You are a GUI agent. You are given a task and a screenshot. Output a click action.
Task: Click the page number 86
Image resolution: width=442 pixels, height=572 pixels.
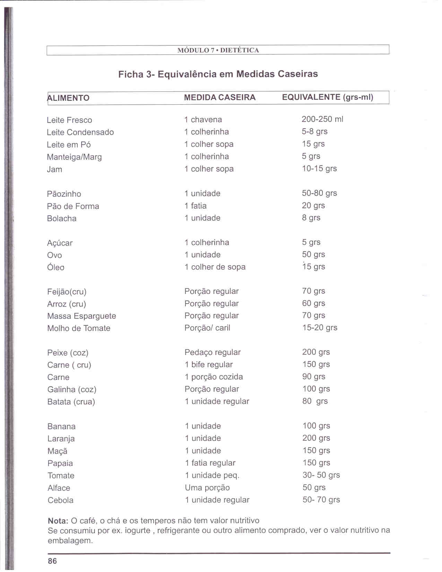(52, 561)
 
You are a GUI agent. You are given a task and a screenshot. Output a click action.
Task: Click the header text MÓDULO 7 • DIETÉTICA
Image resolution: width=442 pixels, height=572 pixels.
(218, 50)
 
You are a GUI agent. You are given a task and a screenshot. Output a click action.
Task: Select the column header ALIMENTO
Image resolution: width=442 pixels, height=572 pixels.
(68, 98)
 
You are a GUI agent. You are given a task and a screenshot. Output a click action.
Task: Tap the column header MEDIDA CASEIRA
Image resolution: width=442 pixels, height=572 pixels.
(220, 97)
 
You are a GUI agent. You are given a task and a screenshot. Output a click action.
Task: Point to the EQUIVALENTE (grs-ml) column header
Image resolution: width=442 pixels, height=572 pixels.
(328, 97)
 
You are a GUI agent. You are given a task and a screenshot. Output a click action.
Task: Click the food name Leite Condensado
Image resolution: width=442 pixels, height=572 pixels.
(80, 132)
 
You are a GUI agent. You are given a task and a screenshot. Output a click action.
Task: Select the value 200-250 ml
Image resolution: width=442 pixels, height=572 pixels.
(322, 119)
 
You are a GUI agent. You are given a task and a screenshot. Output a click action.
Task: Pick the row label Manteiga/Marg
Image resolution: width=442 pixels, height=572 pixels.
(75, 157)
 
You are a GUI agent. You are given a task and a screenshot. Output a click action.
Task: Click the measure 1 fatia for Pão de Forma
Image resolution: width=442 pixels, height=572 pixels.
(196, 206)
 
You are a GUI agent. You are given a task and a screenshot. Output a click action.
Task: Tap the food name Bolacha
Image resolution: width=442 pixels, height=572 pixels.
(62, 218)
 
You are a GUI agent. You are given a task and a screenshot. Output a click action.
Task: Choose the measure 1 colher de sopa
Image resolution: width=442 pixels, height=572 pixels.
(215, 267)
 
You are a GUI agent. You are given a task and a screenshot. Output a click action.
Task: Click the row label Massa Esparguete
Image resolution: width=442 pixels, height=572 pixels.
(82, 316)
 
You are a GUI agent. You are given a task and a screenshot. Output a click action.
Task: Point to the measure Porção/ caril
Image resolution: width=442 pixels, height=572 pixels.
(207, 328)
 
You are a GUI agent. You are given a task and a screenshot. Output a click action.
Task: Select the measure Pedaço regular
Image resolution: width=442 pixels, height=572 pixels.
(213, 353)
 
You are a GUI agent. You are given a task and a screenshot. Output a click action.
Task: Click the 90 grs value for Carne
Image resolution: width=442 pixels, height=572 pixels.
(314, 377)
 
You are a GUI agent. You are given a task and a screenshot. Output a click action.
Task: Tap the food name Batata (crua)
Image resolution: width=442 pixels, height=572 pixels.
(71, 402)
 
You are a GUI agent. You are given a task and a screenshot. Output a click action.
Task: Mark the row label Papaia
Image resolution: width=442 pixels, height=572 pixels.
(60, 463)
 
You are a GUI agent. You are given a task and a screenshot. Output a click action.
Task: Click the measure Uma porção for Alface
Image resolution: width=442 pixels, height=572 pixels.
(207, 488)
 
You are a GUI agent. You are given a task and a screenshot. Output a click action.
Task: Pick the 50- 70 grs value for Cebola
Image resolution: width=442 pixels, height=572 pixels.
(321, 500)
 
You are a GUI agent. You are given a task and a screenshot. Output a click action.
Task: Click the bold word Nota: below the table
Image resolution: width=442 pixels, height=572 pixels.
(58, 521)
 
